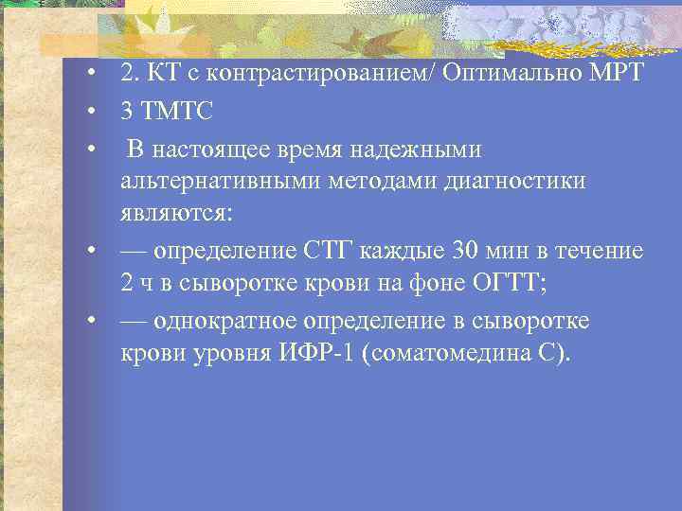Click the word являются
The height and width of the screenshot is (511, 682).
[174, 211]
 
